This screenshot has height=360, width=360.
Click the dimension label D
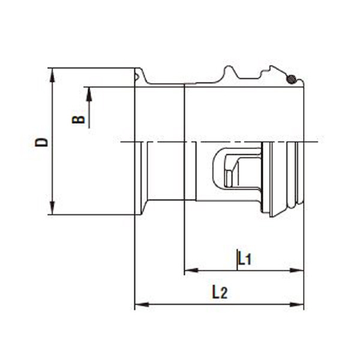(x=41, y=142)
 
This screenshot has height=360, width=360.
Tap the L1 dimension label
(x=244, y=259)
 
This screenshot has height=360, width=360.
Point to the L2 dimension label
(x=220, y=293)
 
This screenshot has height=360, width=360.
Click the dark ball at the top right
(x=291, y=79)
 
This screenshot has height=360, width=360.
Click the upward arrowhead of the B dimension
(x=89, y=92)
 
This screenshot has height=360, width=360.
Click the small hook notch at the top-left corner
(x=139, y=76)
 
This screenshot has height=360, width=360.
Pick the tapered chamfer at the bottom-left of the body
(x=145, y=208)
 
